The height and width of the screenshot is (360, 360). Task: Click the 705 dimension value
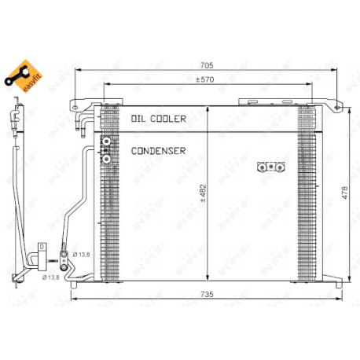click(207, 65)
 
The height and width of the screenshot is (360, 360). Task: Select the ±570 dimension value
click(205, 79)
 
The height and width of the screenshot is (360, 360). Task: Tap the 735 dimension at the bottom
click(207, 294)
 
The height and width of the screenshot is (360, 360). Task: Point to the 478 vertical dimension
click(345, 193)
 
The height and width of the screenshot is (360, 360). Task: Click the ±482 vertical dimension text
click(204, 193)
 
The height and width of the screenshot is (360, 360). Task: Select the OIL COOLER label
click(159, 119)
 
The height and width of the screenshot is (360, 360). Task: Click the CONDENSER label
click(158, 151)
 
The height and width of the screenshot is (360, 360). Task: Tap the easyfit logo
click(24, 76)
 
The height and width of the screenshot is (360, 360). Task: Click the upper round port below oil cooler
click(106, 141)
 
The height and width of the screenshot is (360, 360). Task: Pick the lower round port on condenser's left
click(106, 159)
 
